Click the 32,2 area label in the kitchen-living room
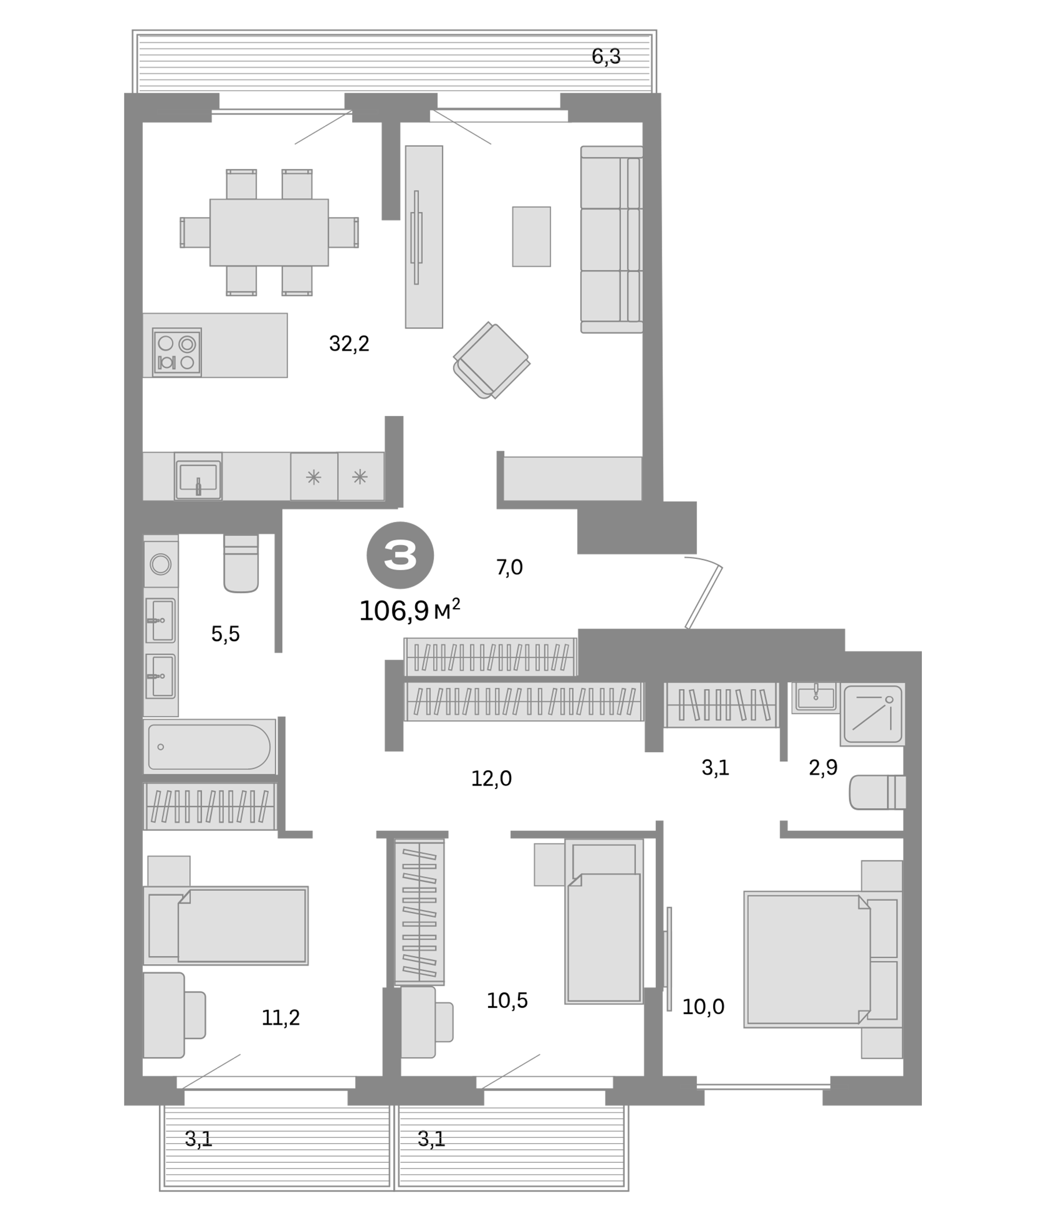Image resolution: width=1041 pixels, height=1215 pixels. tap(349, 344)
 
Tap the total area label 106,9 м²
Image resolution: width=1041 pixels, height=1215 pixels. tap(408, 611)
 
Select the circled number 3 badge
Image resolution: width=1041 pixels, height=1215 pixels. tap(400, 555)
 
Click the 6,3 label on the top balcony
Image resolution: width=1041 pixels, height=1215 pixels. tap(606, 56)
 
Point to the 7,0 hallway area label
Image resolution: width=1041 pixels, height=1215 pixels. tap(509, 567)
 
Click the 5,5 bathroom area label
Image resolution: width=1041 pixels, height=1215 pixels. tap(225, 634)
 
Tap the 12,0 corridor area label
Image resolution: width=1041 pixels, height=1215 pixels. tap(491, 778)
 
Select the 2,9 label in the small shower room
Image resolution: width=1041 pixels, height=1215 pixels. tap(823, 767)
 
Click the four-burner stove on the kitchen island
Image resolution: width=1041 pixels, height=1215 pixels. tap(176, 352)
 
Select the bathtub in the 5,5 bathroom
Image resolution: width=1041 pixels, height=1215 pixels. tap(209, 746)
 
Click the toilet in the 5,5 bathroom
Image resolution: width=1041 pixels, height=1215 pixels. tap(241, 564)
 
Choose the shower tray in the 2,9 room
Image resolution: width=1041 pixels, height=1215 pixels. tap(872, 713)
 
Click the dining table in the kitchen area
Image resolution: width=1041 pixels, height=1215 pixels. tap(269, 232)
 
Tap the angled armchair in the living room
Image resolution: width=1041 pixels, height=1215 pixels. tap(491, 360)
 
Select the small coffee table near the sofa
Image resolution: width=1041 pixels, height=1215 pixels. tap(531, 236)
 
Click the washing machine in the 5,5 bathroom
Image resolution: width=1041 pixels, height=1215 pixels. tap(161, 564)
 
